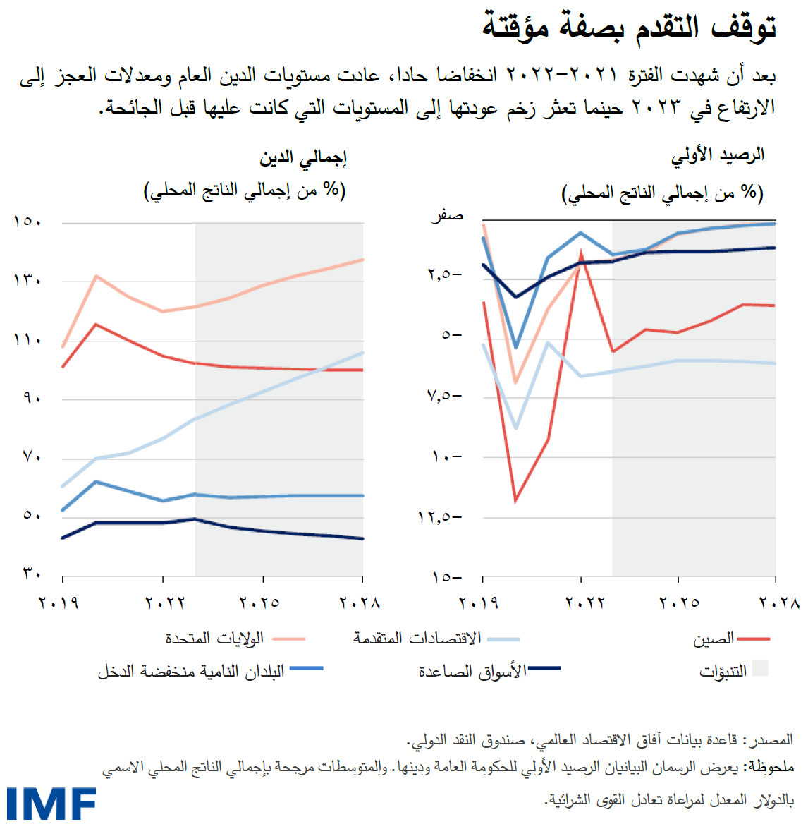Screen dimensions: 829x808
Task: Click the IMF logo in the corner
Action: coord(51,804)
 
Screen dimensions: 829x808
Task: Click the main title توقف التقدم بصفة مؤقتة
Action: coord(629,27)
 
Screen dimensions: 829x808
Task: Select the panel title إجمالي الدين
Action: coord(302,158)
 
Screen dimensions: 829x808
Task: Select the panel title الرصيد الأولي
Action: coord(718,156)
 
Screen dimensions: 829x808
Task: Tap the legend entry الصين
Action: coord(714,639)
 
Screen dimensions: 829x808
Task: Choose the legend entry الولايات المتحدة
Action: coord(215,639)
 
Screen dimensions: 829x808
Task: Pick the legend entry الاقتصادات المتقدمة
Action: coord(417,639)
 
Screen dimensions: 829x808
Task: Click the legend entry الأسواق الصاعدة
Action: coord(472,671)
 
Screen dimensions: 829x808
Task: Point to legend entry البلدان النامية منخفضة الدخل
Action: coord(191,671)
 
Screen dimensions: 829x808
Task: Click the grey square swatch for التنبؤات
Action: coord(760,669)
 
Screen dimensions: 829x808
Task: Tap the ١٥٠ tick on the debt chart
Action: coord(27,222)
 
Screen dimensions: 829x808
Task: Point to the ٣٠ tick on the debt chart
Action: coord(32,574)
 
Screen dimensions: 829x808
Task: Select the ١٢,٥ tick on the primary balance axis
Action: coord(439,517)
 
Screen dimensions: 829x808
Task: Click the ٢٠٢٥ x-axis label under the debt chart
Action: coord(259,603)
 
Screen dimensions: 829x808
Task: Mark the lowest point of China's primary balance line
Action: coord(515,500)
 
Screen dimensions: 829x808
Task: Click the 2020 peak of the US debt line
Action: coord(96,276)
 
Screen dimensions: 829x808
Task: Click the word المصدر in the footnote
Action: coord(773,739)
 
